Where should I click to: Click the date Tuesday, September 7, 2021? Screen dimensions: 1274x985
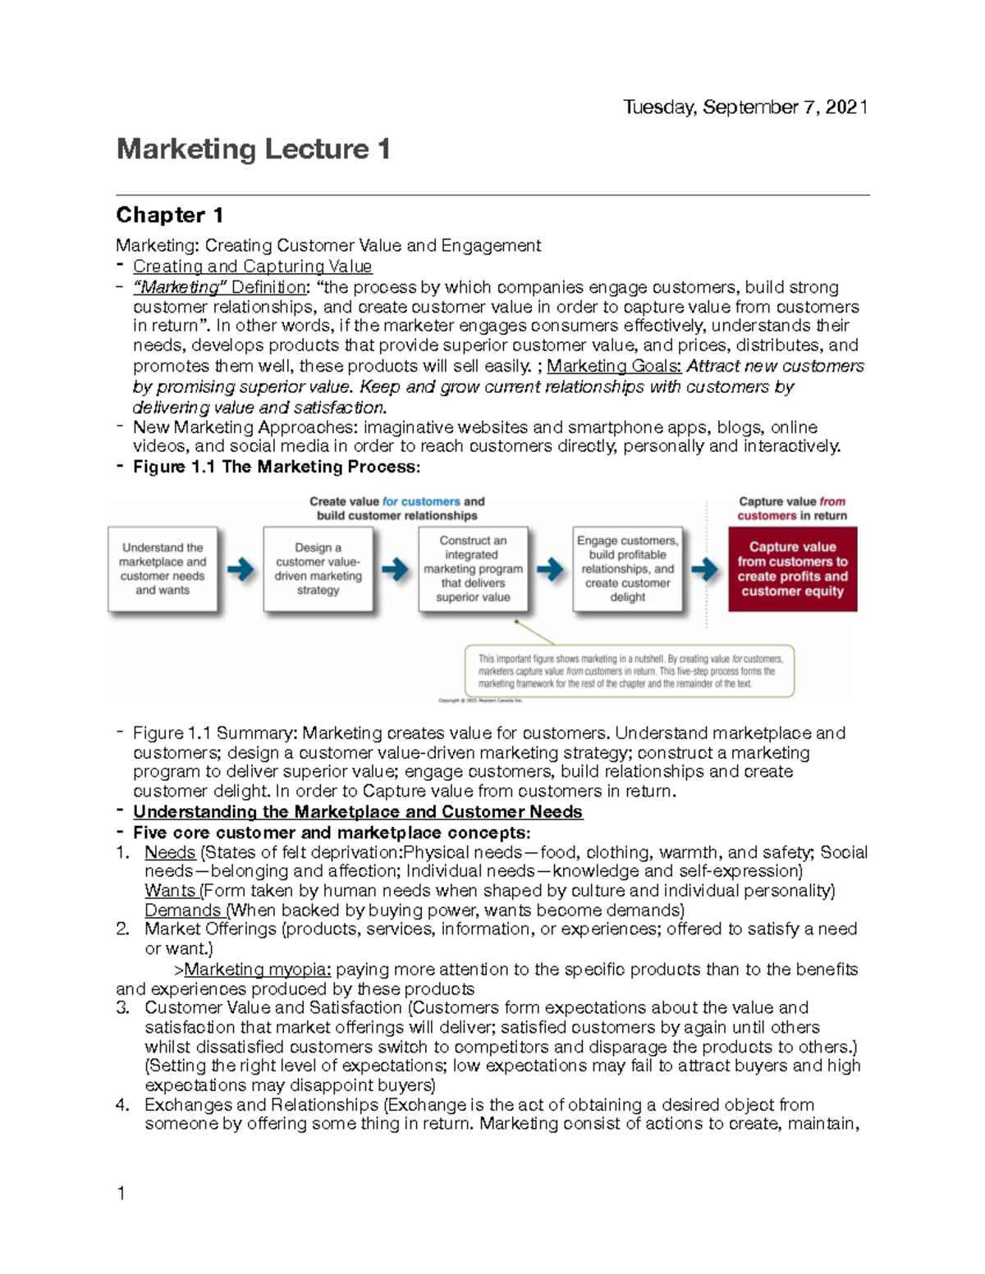(744, 107)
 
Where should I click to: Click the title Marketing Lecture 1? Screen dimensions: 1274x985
(253, 149)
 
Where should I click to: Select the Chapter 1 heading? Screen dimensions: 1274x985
(169, 215)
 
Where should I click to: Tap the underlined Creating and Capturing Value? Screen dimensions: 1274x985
(252, 267)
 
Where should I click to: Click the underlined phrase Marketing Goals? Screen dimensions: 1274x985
(614, 366)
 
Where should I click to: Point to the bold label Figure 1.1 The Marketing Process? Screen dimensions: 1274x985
(277, 467)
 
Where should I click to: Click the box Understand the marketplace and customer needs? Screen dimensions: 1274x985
(163, 569)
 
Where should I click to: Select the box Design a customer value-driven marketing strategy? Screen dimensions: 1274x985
(318, 569)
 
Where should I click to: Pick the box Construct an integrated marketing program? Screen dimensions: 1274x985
(473, 569)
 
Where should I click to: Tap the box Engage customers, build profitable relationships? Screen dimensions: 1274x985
(627, 569)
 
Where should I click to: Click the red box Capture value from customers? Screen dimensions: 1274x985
(792, 569)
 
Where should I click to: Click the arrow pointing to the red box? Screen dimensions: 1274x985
(704, 569)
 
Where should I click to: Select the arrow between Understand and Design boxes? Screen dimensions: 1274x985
(241, 569)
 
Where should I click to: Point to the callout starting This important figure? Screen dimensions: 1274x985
(630, 671)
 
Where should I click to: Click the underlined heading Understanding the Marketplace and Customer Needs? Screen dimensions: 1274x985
(358, 812)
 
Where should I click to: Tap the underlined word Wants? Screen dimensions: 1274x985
(170, 891)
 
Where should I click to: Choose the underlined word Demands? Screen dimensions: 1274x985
(182, 911)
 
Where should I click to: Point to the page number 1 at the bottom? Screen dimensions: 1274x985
(121, 1194)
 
